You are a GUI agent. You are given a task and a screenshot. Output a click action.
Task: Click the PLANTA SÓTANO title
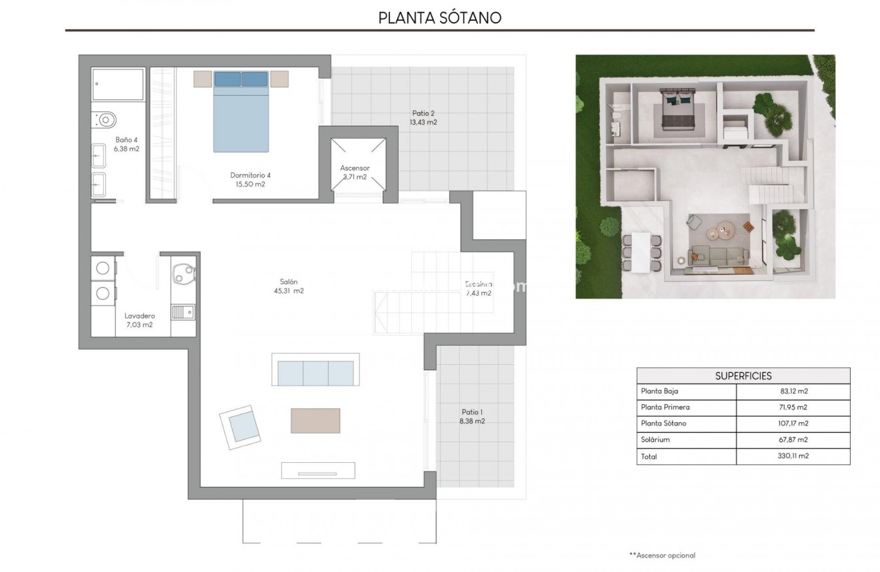[x=439, y=17]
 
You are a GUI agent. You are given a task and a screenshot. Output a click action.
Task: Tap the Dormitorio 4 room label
[x=250, y=175]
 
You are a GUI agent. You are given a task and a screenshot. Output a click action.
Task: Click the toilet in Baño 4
[x=105, y=120]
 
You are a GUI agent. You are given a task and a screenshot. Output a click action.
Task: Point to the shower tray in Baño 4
[x=118, y=85]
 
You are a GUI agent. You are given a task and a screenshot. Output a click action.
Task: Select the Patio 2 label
[x=423, y=113]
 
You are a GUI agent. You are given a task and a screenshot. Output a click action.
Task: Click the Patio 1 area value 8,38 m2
[x=473, y=421]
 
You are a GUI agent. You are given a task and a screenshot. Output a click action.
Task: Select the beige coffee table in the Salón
[x=315, y=420]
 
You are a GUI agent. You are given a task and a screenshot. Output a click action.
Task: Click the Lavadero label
[x=139, y=316]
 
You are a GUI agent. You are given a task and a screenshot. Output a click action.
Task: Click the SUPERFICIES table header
[x=743, y=376]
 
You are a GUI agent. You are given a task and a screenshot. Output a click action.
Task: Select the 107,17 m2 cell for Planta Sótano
[x=793, y=424]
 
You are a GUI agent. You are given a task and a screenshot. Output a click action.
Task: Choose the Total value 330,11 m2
[x=793, y=456]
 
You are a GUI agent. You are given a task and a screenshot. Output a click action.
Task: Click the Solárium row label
[x=655, y=439]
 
